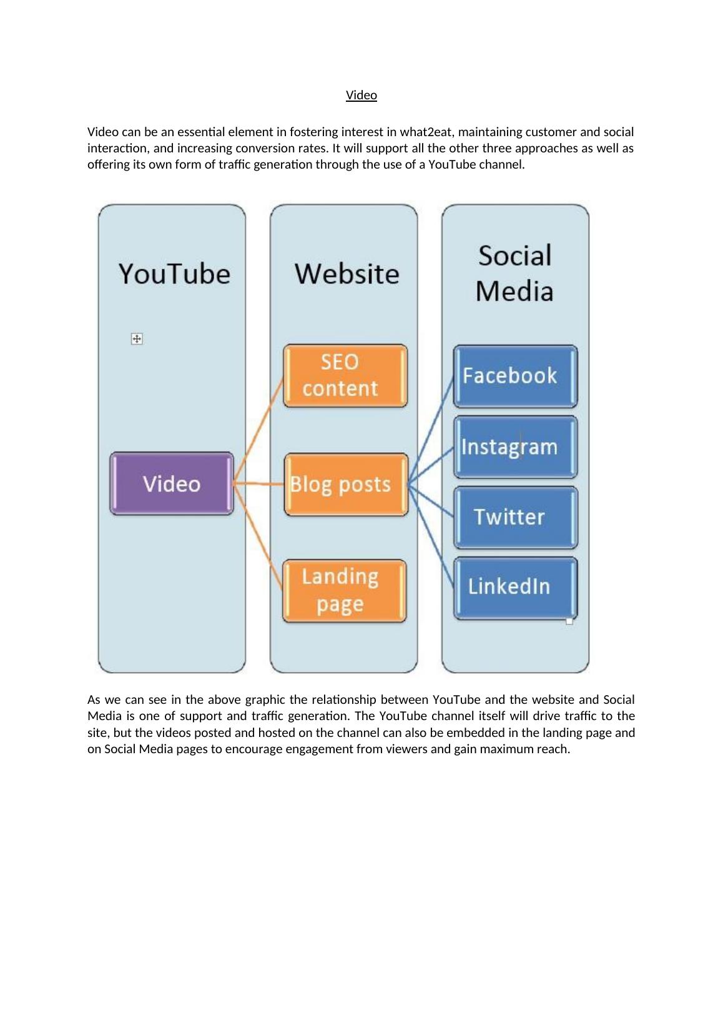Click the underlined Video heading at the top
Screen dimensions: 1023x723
[361, 95]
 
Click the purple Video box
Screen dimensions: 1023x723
[172, 484]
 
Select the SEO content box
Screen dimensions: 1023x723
[345, 375]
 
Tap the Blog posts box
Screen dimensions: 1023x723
[346, 485]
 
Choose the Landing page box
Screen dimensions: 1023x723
[345, 591]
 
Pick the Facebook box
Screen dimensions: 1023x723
[515, 376]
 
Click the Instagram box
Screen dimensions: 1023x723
[515, 447]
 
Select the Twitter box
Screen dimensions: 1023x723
[515, 517]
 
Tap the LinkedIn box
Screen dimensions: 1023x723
[515, 587]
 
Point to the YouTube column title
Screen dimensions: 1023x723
[174, 274]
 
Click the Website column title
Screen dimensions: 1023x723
[347, 274]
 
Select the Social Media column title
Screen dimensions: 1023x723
[514, 274]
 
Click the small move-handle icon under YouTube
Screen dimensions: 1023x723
[137, 339]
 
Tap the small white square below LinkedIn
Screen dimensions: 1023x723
[569, 621]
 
